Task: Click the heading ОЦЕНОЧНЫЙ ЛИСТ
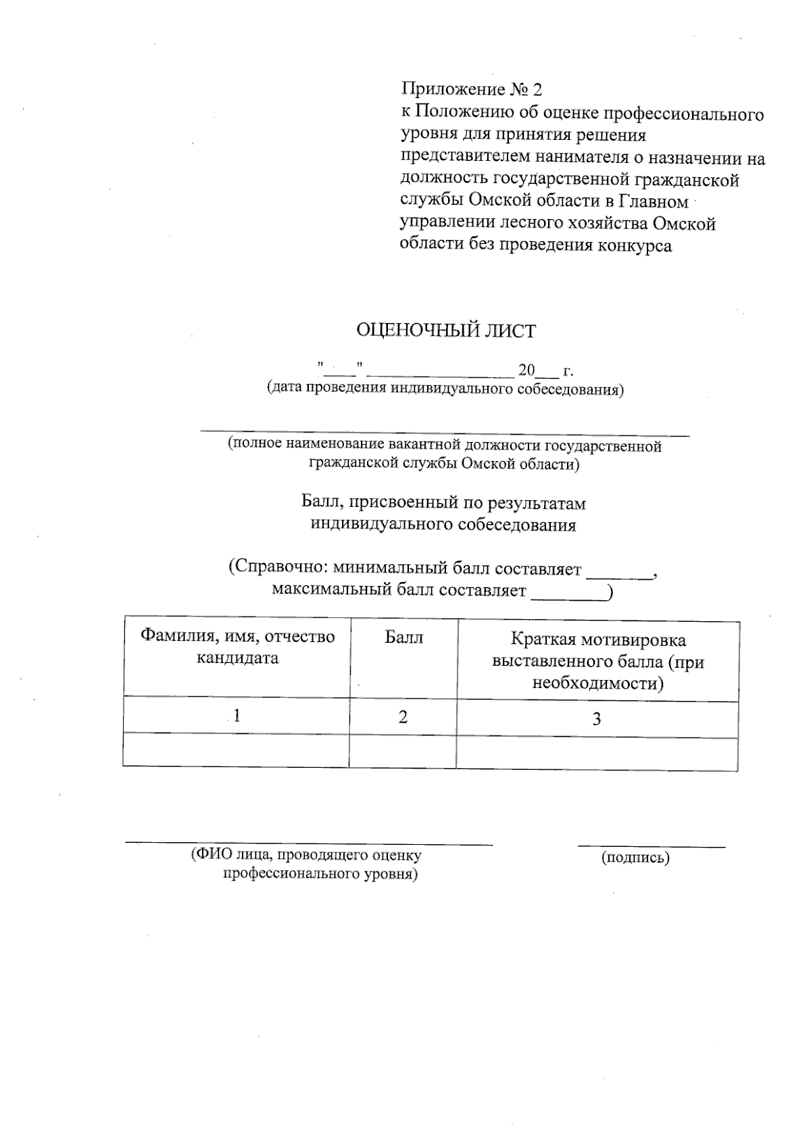[445, 331]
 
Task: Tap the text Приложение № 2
[472, 89]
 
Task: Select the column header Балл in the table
[403, 637]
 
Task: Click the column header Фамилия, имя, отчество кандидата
[237, 647]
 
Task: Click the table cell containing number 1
[237, 716]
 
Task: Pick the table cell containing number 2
[403, 717]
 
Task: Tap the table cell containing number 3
[597, 719]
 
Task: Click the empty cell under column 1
[237, 750]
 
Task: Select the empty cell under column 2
[403, 752]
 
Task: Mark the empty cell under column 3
[597, 754]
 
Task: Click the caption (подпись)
[635, 858]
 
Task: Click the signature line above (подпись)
[651, 846]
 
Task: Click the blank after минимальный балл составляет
[619, 577]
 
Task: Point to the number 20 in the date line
[526, 370]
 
